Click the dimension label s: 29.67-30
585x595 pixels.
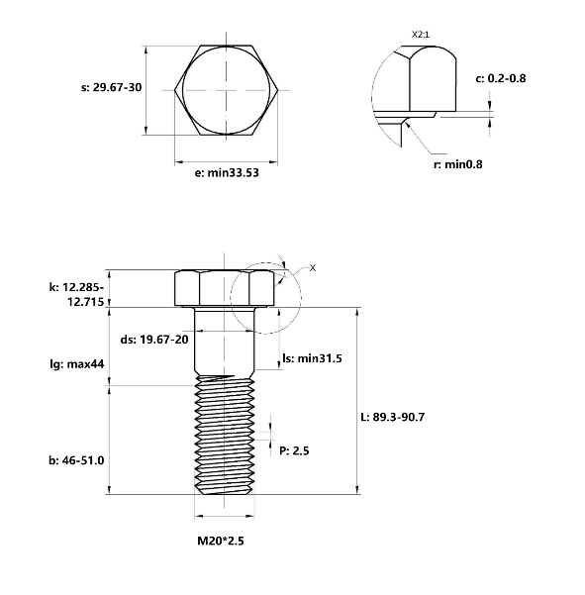pyautogui.click(x=111, y=87)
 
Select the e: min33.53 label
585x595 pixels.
pyautogui.click(x=227, y=173)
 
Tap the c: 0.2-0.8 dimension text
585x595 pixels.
pyautogui.click(x=501, y=78)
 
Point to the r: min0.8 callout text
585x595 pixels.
pyautogui.click(x=458, y=164)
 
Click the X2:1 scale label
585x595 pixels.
pyautogui.click(x=421, y=35)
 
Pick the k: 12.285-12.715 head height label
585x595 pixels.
pyautogui.click(x=76, y=294)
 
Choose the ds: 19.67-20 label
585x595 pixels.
pyautogui.click(x=154, y=340)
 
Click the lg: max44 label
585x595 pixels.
pyautogui.click(x=77, y=364)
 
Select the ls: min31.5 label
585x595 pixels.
pyautogui.click(x=312, y=358)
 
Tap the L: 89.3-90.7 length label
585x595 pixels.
pyautogui.click(x=393, y=417)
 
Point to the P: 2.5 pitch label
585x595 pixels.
pyautogui.click(x=294, y=450)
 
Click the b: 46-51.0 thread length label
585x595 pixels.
pyautogui.click(x=76, y=460)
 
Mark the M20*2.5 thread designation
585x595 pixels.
pyautogui.click(x=221, y=541)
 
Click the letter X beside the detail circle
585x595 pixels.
pyautogui.click(x=312, y=268)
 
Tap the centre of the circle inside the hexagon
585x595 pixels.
pyautogui.click(x=227, y=90)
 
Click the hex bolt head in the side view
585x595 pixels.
pyautogui.click(x=225, y=288)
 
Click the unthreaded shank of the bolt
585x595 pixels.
pyautogui.click(x=225, y=341)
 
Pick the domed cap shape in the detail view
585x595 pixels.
pyautogui.click(x=433, y=79)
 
